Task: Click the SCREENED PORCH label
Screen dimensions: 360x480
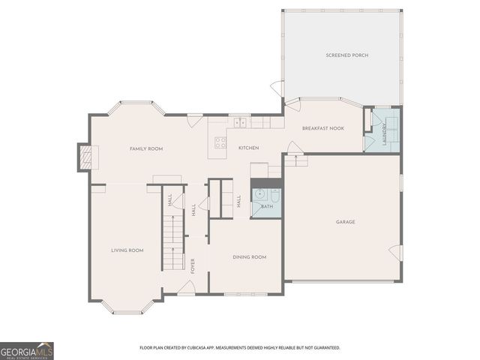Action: point(346,55)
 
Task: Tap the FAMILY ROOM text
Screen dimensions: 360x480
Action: point(145,148)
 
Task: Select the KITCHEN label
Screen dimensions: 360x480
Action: point(248,148)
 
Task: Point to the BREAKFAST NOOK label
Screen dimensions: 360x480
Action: point(322,128)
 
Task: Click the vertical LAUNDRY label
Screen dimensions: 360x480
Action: point(383,135)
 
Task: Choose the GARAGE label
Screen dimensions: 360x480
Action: point(345,222)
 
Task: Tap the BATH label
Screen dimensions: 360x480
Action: point(267,206)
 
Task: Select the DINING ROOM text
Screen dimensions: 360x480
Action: point(249,257)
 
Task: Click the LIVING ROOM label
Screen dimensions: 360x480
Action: point(127,250)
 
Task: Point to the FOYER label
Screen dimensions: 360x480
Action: point(193,265)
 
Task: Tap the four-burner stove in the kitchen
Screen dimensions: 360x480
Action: point(220,142)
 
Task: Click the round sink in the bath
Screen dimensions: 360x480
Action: point(259,193)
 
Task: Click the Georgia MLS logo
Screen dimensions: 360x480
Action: point(27,350)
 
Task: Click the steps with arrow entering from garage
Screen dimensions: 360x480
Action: point(297,160)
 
